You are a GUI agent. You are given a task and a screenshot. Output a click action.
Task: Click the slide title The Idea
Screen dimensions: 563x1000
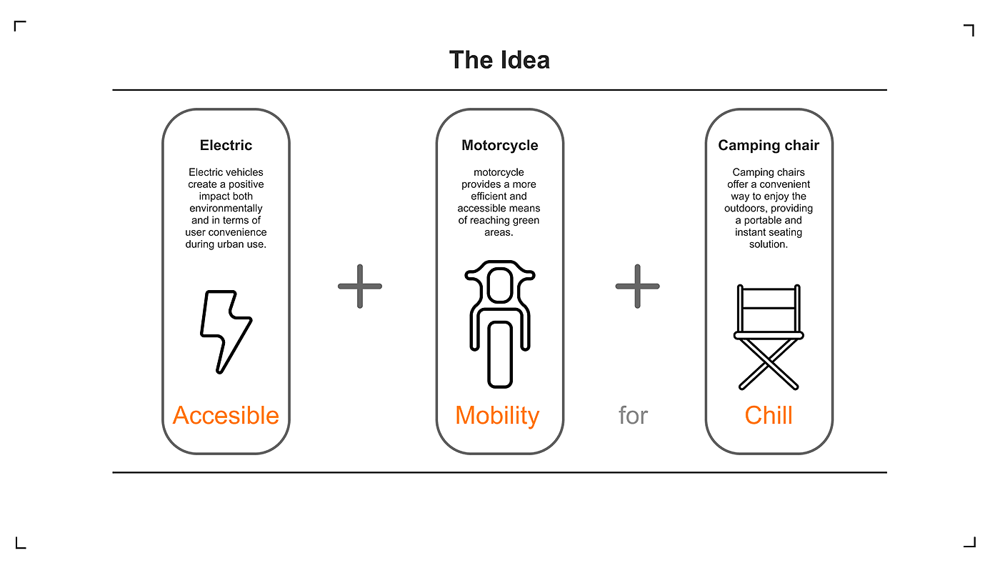click(499, 60)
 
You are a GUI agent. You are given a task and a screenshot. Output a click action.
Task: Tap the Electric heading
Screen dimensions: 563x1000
click(226, 145)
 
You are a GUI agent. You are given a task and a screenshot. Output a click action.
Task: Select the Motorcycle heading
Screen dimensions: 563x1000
click(499, 145)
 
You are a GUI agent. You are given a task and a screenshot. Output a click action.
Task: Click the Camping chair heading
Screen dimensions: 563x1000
click(769, 145)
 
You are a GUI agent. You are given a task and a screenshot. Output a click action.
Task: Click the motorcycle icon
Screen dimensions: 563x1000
click(499, 325)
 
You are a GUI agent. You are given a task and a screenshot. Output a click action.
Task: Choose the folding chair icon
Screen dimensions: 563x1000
click(769, 337)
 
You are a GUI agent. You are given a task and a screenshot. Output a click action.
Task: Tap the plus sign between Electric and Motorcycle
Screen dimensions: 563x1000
click(360, 287)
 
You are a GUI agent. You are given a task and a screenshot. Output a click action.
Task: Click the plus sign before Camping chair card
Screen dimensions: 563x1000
click(637, 287)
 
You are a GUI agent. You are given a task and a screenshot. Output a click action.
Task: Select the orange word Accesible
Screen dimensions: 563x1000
click(226, 415)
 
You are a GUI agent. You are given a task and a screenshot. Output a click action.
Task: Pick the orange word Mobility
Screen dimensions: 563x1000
click(497, 415)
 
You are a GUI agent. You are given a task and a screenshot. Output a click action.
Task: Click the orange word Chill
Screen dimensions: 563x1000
click(769, 415)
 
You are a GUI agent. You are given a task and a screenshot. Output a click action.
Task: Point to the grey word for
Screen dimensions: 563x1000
click(633, 415)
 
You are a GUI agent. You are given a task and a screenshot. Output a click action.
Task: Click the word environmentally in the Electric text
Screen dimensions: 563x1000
click(226, 208)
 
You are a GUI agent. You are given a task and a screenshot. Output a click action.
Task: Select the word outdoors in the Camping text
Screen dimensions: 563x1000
click(748, 209)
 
